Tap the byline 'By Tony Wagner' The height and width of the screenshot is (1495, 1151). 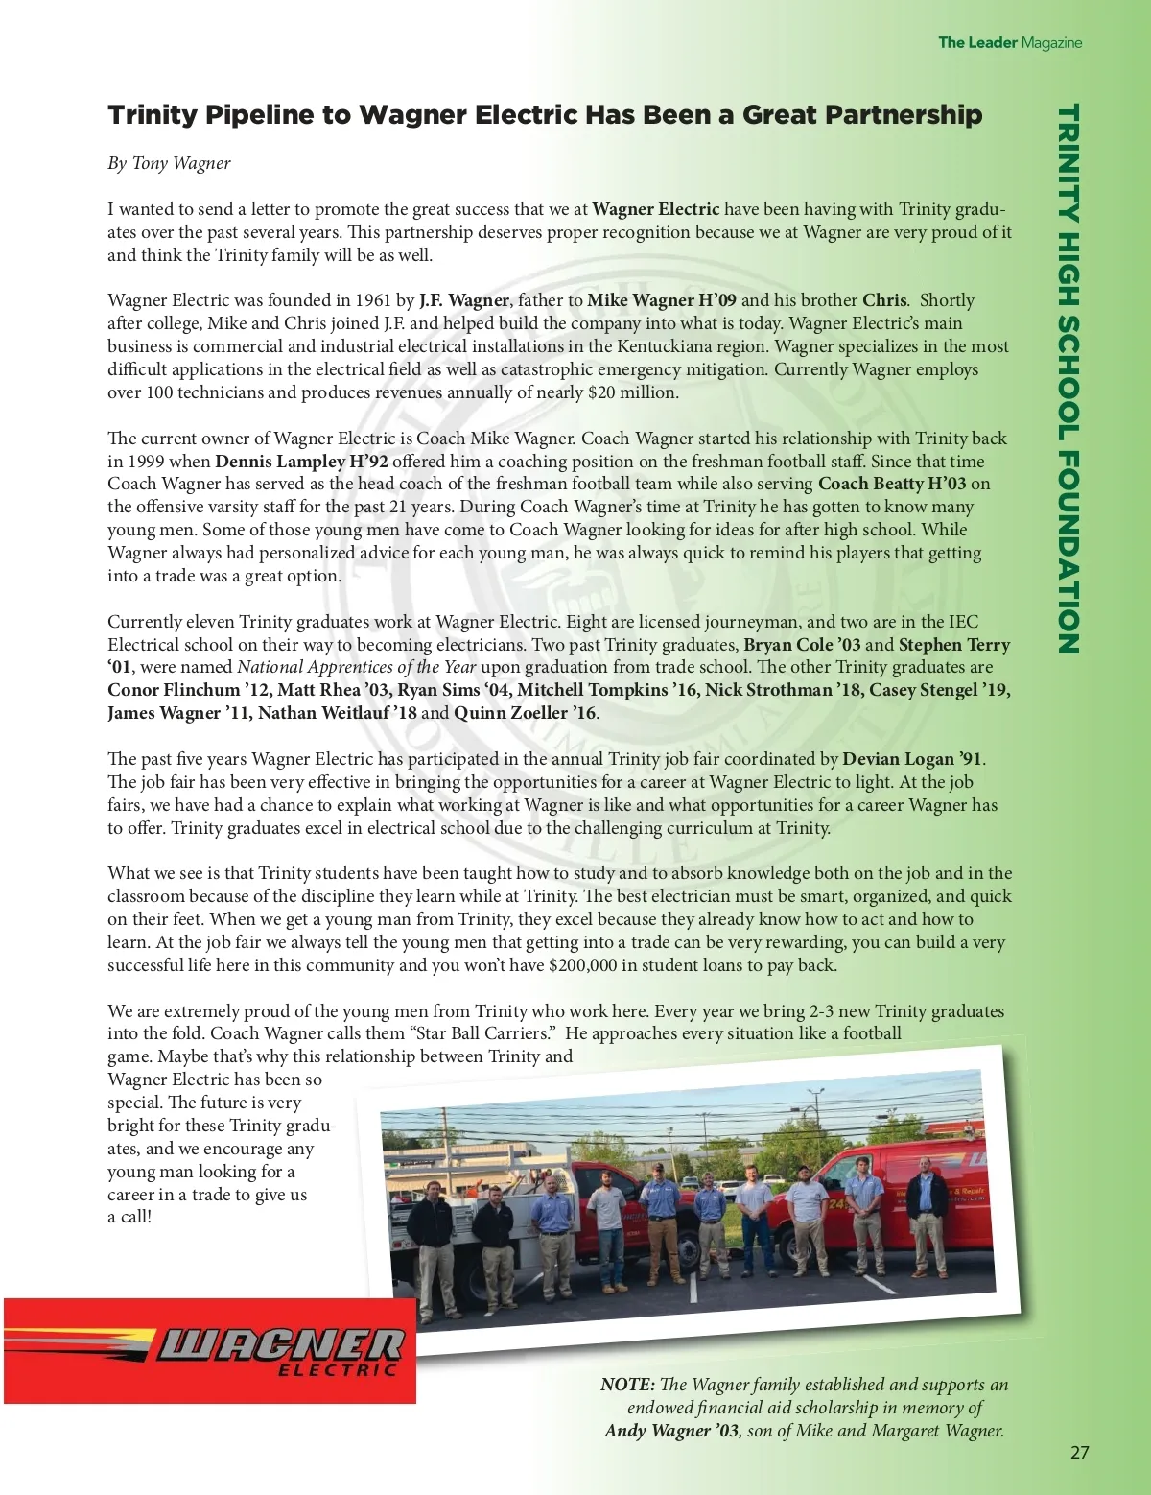pyautogui.click(x=169, y=163)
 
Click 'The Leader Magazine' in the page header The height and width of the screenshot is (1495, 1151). pyautogui.click(x=1009, y=42)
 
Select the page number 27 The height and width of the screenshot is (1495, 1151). pyautogui.click(x=1079, y=1452)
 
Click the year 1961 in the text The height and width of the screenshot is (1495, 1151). pyautogui.click(x=372, y=300)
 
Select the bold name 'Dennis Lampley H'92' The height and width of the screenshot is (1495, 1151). pyautogui.click(x=301, y=462)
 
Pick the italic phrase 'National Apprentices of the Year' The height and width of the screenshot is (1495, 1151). pyautogui.click(x=356, y=667)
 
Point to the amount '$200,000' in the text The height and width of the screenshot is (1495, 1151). pyautogui.click(x=582, y=965)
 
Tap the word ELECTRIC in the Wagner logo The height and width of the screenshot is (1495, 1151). pyautogui.click(x=337, y=1369)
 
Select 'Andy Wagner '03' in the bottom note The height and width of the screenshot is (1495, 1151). pyautogui.click(x=671, y=1431)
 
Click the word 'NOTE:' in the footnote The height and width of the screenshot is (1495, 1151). pyautogui.click(x=627, y=1385)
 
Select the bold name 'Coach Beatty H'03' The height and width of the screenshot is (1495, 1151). pyautogui.click(x=891, y=485)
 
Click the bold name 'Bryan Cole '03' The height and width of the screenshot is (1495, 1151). pyautogui.click(x=802, y=645)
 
